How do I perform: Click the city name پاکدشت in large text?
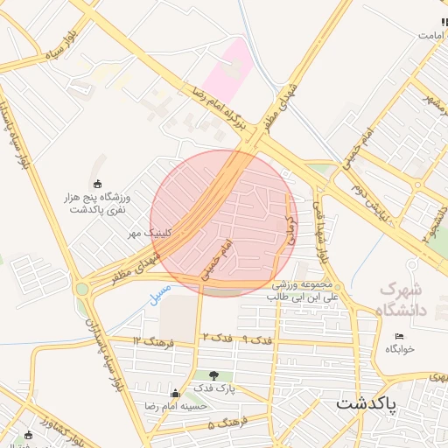[x=366, y=403]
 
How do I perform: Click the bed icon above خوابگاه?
[x=400, y=337]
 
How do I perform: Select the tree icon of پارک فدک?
[x=213, y=375]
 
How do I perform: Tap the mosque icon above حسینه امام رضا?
[x=176, y=394]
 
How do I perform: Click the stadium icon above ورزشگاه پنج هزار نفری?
[x=97, y=184]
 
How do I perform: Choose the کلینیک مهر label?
[x=146, y=233]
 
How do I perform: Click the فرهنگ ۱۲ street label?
[x=150, y=339]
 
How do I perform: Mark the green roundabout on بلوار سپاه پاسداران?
[x=82, y=288]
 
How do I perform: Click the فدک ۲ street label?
[x=216, y=337]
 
